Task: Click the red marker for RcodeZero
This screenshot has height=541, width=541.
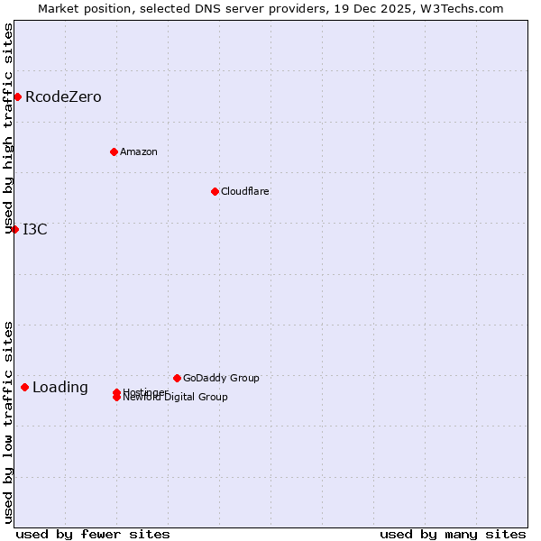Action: tap(17, 96)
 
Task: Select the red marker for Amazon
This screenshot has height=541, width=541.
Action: tap(114, 151)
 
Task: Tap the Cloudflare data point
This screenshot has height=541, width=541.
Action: tap(215, 191)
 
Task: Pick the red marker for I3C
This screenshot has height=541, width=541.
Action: tap(14, 229)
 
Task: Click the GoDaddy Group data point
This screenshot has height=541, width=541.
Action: tap(177, 378)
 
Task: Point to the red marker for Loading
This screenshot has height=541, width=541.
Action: tap(24, 387)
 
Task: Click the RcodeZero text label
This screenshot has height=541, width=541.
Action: tap(63, 97)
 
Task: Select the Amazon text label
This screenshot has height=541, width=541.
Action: tap(138, 151)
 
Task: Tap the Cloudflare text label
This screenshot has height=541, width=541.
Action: tap(244, 191)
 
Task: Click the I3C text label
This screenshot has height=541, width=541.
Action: tap(35, 229)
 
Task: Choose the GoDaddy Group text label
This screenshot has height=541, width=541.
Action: tap(221, 378)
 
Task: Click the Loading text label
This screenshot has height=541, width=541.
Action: tap(60, 388)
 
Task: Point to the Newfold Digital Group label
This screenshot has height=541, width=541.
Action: tap(176, 398)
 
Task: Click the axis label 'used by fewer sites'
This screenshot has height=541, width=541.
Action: tap(93, 534)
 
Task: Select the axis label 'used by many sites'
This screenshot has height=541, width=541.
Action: tap(453, 534)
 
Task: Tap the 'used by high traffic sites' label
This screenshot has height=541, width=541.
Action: tap(8, 128)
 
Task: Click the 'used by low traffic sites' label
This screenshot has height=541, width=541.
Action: tap(8, 422)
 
